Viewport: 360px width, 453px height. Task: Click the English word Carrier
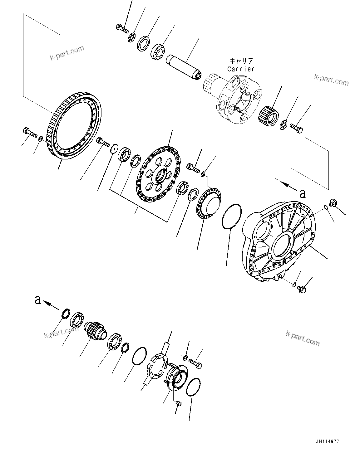point(241,69)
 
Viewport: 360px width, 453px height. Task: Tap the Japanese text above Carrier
point(241,61)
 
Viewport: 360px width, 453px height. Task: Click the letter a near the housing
point(302,194)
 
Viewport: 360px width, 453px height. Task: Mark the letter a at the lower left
point(38,300)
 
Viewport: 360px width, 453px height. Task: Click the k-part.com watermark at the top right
point(331,81)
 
